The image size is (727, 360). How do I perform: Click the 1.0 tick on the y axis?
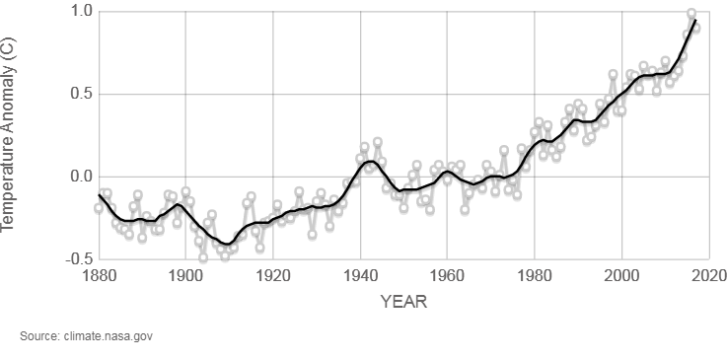pos(81,12)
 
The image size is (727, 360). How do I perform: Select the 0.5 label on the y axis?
pos(81,95)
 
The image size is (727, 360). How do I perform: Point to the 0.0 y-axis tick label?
pos(81,178)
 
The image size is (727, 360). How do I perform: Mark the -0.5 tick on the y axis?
pos(79,259)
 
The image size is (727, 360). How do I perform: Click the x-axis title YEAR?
pos(403,302)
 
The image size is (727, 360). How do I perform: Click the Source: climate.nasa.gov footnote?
pos(86,336)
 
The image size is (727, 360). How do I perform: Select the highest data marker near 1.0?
pos(691,14)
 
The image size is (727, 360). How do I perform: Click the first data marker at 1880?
pos(99,208)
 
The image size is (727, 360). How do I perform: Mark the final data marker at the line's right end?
pos(695,28)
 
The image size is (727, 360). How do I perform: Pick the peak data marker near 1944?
pos(377,143)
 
